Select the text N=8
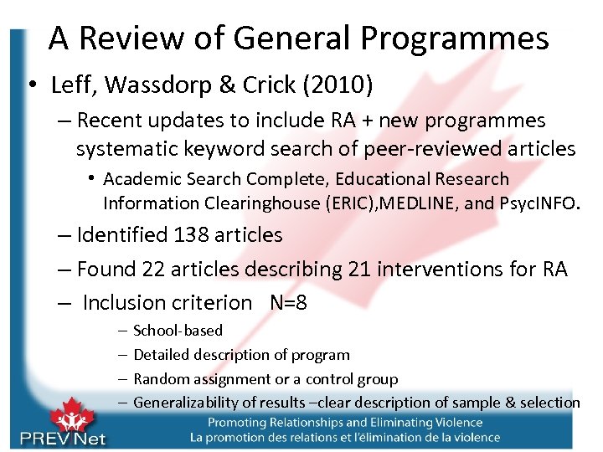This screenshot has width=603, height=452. (288, 302)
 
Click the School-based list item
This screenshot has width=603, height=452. (178, 331)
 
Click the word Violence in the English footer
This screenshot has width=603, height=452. (456, 423)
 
